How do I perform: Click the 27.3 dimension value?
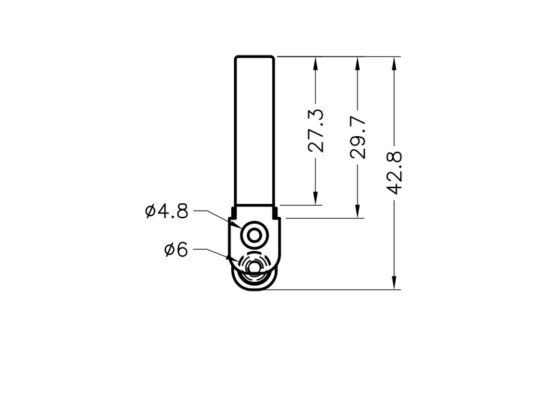click(316, 131)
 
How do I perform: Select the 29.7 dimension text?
click(358, 138)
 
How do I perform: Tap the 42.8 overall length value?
click(395, 173)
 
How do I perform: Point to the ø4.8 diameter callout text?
click(167, 211)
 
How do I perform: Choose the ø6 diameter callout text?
click(176, 250)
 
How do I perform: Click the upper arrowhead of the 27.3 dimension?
click(316, 63)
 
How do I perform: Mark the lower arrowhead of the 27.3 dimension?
click(316, 198)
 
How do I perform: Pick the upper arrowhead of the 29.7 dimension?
click(357, 63)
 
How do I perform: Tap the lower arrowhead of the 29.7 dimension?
click(357, 212)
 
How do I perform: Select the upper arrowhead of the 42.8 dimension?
click(395, 63)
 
